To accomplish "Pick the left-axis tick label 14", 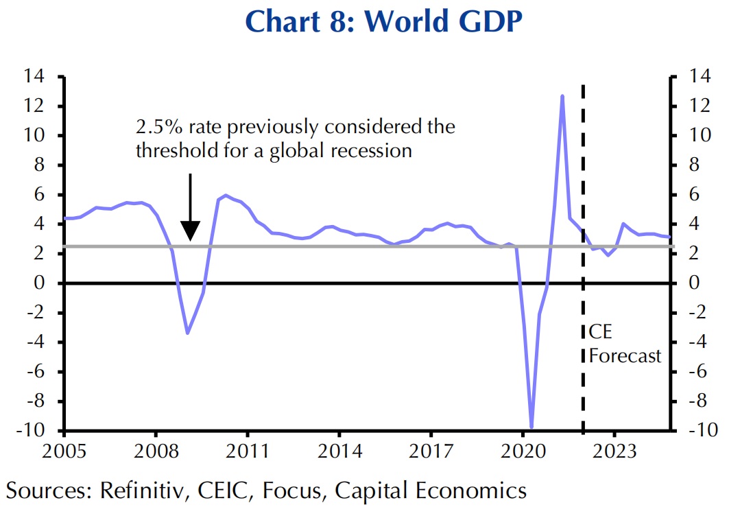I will [x=35, y=77].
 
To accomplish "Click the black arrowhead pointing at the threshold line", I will [x=190, y=232].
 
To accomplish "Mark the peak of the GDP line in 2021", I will [x=562, y=96].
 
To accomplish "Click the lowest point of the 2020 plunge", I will [x=531, y=427].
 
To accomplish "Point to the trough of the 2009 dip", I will [x=187, y=333].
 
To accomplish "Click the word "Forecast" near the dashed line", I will [x=625, y=355].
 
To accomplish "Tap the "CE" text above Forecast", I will [x=599, y=333].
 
